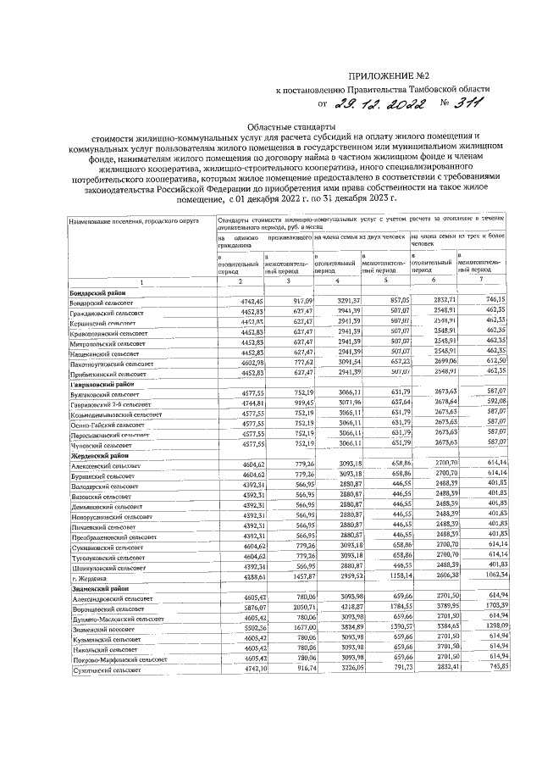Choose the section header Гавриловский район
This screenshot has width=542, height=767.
click(x=100, y=384)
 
